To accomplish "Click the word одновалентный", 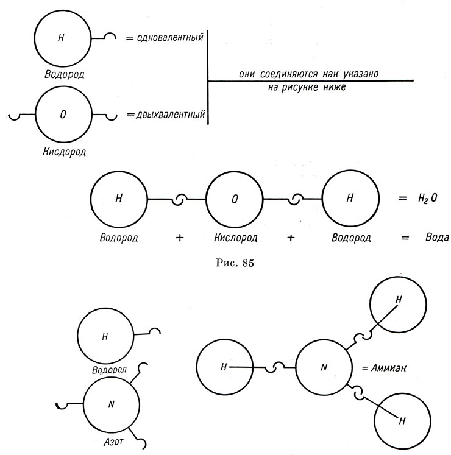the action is click(170, 37).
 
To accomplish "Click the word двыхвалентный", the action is click(171, 115).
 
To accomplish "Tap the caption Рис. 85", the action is click(235, 263).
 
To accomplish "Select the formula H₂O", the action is click(427, 199).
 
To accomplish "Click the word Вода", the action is click(437, 237).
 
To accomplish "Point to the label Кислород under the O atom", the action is click(236, 238).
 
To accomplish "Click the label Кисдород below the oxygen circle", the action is click(64, 152).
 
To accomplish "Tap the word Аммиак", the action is click(389, 369).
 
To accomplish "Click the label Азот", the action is click(113, 442).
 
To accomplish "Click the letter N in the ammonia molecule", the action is click(324, 367).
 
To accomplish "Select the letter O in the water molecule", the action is click(235, 199).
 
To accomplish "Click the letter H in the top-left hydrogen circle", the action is click(61, 38).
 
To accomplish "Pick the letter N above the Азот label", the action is click(111, 404).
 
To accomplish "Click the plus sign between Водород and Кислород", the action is click(180, 238).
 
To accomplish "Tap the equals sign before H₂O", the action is click(402, 199).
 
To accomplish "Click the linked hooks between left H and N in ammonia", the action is click(274, 367).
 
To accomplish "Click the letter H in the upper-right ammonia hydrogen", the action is click(399, 300).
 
